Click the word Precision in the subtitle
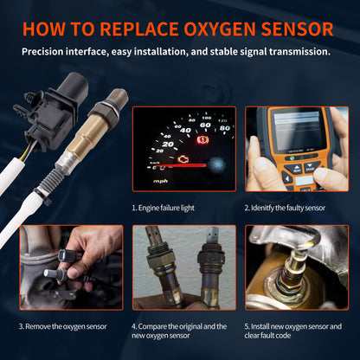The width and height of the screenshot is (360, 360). pos(47,51)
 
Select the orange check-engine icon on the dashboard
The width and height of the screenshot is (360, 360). pos(182,158)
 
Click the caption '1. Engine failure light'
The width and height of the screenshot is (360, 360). pos(172,209)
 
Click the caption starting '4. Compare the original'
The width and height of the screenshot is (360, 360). pos(178,331)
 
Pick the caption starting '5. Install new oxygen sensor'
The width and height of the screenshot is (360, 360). pos(292,331)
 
